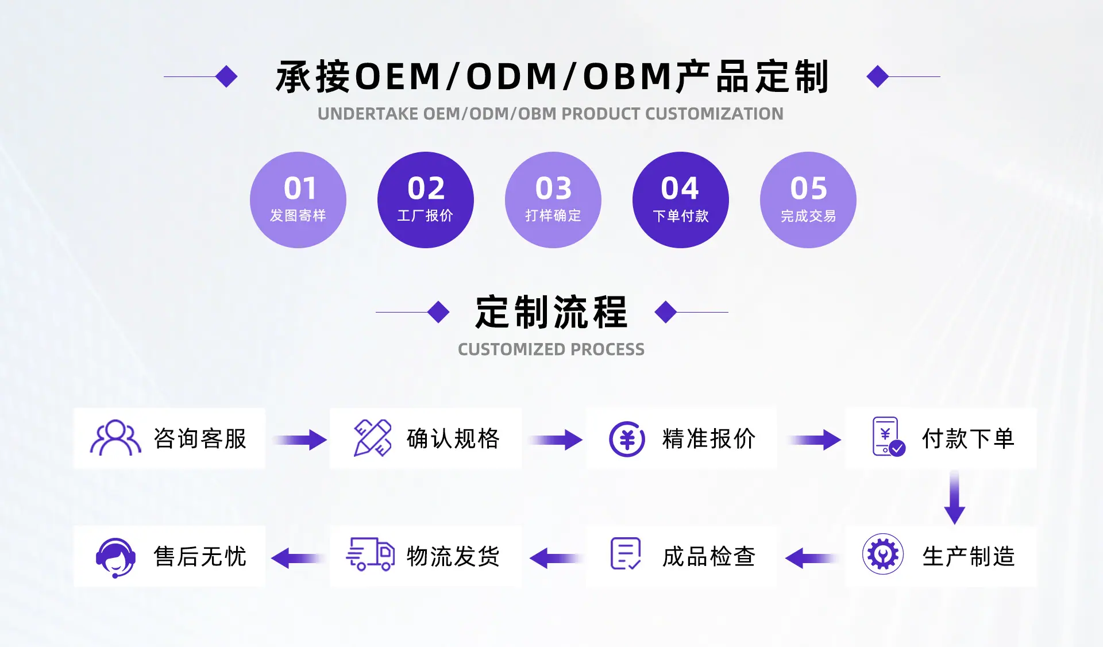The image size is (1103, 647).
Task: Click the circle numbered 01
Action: [x=298, y=200]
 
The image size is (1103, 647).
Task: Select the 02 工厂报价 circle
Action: [x=426, y=200]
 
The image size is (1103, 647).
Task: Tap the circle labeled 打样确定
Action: [x=553, y=200]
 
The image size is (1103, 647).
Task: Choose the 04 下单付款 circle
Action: [x=681, y=200]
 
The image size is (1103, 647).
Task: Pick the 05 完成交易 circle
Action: [x=808, y=200]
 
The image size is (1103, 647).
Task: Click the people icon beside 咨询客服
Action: [x=115, y=438]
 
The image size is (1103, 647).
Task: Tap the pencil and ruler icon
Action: [x=372, y=438]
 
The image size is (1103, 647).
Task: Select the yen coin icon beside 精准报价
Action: [x=627, y=439]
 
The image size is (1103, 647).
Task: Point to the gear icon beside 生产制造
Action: [x=883, y=554]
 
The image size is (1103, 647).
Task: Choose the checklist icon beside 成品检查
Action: [x=626, y=554]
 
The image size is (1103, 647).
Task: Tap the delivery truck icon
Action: [x=370, y=554]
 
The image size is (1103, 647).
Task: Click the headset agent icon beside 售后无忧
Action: [x=115, y=557]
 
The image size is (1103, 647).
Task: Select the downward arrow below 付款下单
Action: [x=954, y=497]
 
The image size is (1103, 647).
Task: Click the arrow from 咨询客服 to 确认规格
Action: [x=299, y=440]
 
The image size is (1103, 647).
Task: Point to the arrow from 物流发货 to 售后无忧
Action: [x=297, y=558]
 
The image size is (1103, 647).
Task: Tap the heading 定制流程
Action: [x=551, y=312]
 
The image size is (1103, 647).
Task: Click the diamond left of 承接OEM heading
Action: [x=226, y=76]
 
